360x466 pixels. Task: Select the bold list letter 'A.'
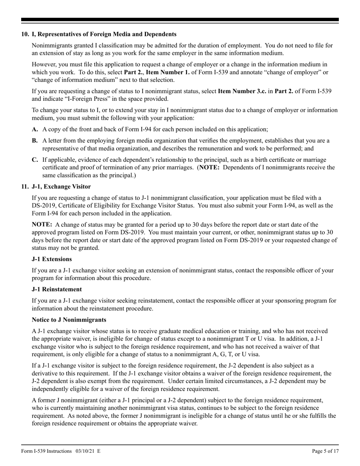[x=35, y=129]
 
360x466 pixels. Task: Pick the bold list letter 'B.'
[x=35, y=141]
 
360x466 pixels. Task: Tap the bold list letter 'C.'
[x=35, y=160]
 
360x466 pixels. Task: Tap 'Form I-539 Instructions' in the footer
[x=46, y=451]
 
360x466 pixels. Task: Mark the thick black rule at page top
[x=180, y=20]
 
